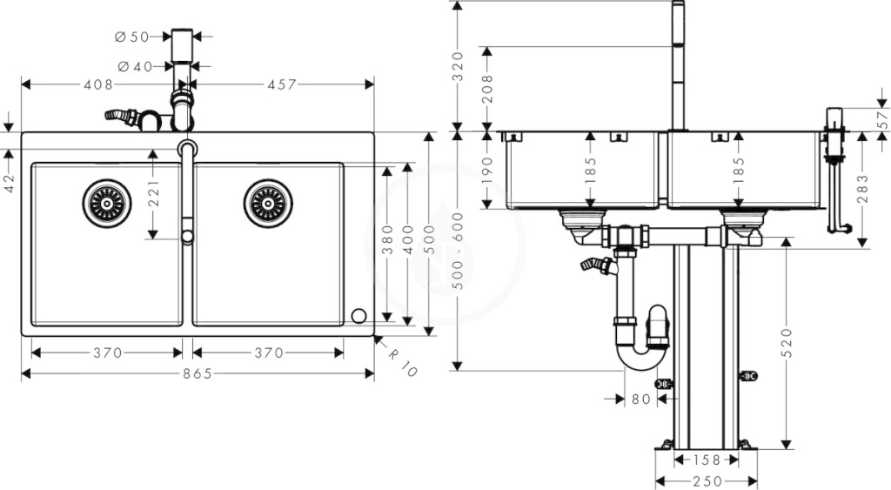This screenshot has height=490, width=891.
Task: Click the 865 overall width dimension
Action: pyautogui.click(x=198, y=373)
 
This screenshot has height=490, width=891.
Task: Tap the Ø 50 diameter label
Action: pyautogui.click(x=131, y=37)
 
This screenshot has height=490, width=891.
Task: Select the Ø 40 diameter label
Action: pyautogui.click(x=135, y=66)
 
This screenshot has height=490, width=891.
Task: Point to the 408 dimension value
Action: pyautogui.click(x=98, y=84)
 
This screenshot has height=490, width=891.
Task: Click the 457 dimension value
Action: pyautogui.click(x=282, y=84)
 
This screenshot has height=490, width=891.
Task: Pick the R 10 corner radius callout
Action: pyautogui.click(x=403, y=362)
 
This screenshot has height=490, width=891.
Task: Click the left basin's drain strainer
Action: pyautogui.click(x=107, y=203)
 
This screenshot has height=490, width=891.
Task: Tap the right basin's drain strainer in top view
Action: pyautogui.click(x=268, y=203)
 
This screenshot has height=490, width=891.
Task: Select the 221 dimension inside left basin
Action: pyautogui.click(x=153, y=193)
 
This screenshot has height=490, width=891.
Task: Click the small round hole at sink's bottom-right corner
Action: pyautogui.click(x=358, y=316)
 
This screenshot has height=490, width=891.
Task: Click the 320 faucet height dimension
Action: pyautogui.click(x=458, y=65)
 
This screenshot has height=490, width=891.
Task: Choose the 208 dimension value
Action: pyautogui.click(x=487, y=89)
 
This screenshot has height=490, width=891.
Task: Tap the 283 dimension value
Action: pyautogui.click(x=862, y=189)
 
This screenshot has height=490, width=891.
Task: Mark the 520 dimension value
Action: pyautogui.click(x=787, y=343)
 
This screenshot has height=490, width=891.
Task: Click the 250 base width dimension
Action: pyautogui.click(x=707, y=482)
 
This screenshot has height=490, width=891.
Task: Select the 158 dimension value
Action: pyautogui.click(x=707, y=460)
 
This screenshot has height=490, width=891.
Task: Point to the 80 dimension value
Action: pyautogui.click(x=641, y=399)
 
